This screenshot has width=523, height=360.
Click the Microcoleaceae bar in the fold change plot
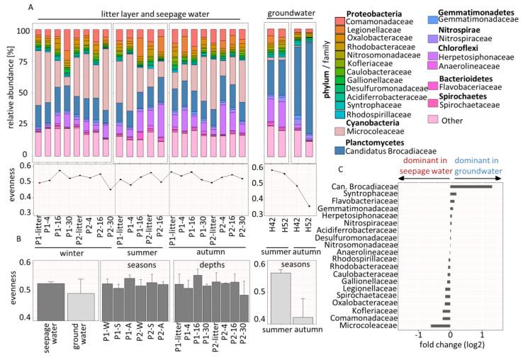440,325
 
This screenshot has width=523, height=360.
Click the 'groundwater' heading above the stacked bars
289,13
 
